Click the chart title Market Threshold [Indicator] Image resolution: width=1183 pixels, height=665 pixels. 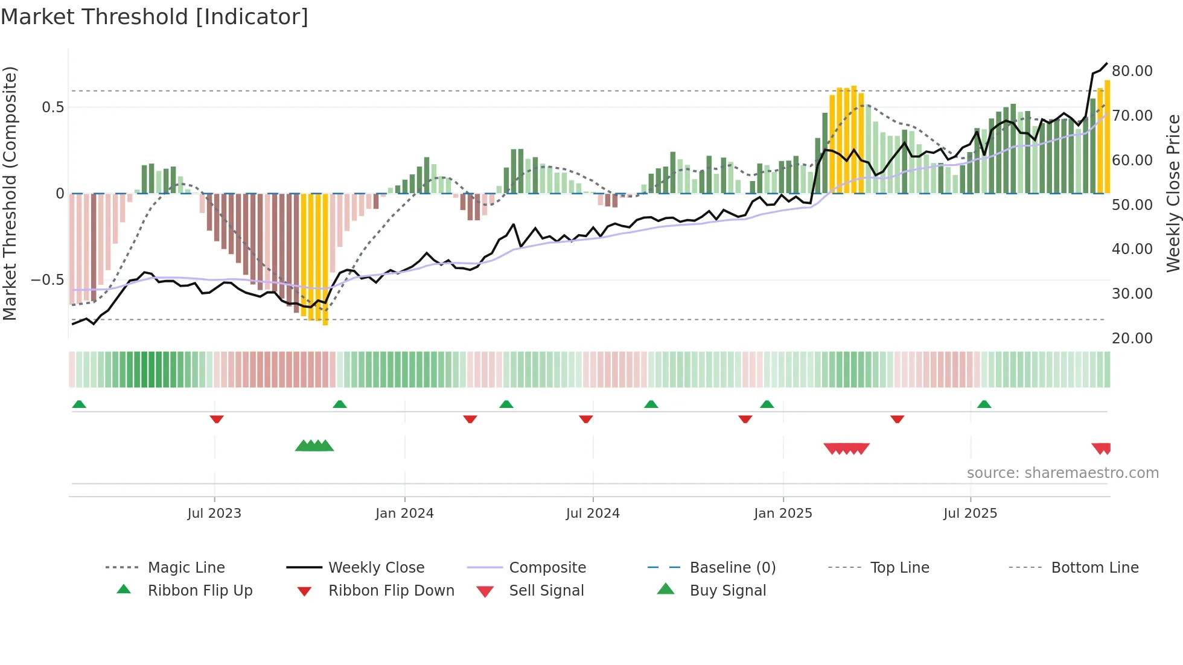coord(155,17)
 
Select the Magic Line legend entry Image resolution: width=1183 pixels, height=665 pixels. coord(186,568)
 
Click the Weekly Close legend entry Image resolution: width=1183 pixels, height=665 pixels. coord(376,568)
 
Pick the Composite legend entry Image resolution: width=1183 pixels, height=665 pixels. coord(547,568)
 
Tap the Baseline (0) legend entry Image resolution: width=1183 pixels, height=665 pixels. coord(732,568)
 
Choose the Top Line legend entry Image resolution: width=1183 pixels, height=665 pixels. coord(899,568)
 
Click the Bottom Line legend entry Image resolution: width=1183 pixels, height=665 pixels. coord(1094,568)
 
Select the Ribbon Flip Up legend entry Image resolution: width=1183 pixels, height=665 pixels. coord(200,591)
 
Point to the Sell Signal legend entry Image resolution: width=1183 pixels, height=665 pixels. coord(546,591)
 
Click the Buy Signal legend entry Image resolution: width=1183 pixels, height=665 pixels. coord(727,591)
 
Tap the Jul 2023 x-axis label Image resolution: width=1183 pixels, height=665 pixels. coord(214,514)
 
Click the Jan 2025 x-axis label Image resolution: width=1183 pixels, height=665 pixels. coord(783,514)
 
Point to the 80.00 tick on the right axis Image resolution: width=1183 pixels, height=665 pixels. coord(1132,71)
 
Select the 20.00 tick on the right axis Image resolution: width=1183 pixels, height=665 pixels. coord(1132,339)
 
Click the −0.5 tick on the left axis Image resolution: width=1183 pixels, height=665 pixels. coord(47,280)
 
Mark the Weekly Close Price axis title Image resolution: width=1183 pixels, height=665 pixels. coord(1173,193)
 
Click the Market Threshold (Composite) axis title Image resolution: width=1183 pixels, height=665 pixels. coord(10,193)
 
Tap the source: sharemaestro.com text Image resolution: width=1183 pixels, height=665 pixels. coord(1062,473)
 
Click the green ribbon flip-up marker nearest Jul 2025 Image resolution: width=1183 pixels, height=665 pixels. coord(984,404)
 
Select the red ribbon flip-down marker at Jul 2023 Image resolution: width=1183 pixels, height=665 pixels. coord(217,419)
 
